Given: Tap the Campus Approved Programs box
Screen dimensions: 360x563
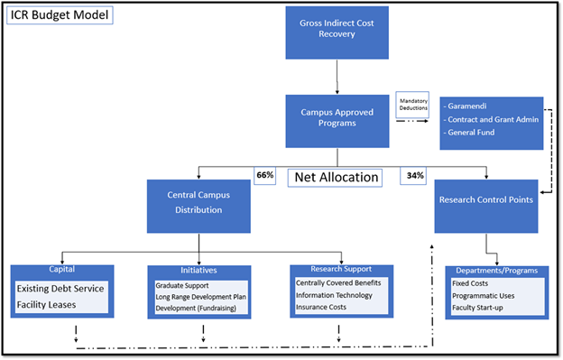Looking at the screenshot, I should tap(337, 120).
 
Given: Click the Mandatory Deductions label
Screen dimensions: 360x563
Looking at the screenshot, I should tap(413, 104).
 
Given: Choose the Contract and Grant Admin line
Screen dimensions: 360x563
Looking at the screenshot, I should tap(493, 118).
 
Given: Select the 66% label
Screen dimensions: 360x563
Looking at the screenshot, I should tap(264, 174).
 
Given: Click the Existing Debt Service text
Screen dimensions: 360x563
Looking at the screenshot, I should tap(60, 289).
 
